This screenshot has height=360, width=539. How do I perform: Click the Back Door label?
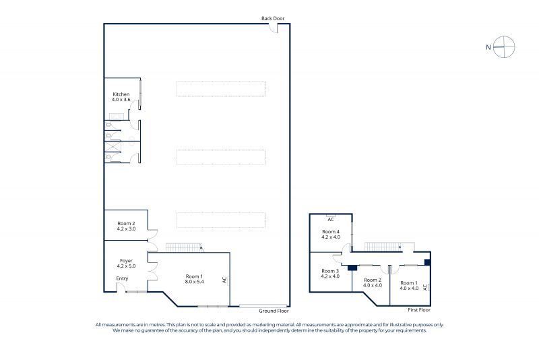(x=273, y=19)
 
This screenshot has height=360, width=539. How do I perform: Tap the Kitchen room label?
(x=121, y=94)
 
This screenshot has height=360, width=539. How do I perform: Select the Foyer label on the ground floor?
(x=126, y=261)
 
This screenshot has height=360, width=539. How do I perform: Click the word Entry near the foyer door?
(x=122, y=278)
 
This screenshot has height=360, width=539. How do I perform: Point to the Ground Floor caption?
(x=274, y=311)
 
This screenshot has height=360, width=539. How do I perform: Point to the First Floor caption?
(x=419, y=310)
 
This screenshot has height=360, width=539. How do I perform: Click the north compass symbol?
(x=504, y=47)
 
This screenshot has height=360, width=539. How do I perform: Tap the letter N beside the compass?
(x=488, y=47)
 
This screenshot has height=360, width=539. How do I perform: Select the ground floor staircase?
(x=184, y=247)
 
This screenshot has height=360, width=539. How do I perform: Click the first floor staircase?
(x=383, y=247)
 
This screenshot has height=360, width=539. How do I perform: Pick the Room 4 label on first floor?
(x=331, y=232)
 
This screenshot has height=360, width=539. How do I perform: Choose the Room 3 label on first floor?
(x=330, y=271)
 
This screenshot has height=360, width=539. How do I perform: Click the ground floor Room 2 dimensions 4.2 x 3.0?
(x=126, y=229)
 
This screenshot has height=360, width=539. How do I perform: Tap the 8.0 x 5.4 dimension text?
(x=194, y=282)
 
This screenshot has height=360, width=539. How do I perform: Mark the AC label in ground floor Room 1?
(x=225, y=280)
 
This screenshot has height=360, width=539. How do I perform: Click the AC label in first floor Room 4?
(x=331, y=219)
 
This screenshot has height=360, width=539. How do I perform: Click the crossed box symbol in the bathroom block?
(x=113, y=146)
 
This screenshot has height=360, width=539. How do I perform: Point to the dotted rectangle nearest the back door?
(x=221, y=89)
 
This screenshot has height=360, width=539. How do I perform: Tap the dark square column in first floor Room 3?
(x=352, y=268)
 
